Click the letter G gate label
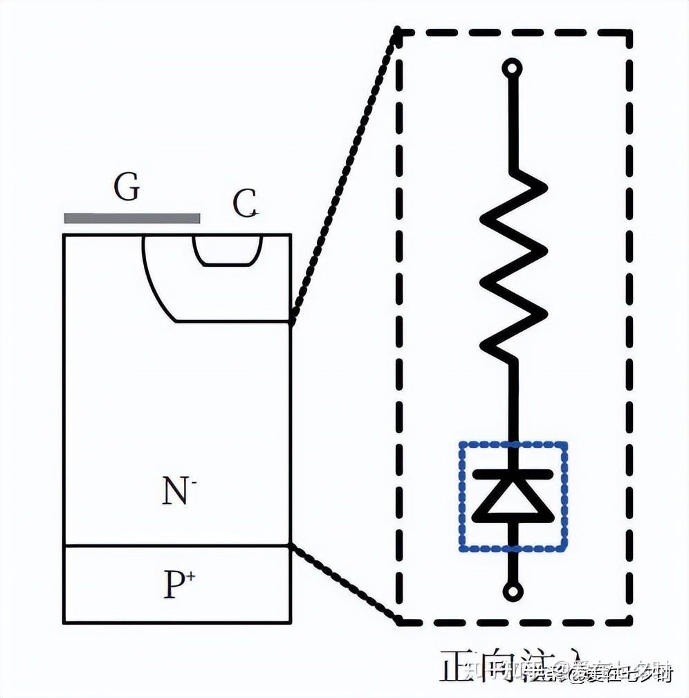click(x=127, y=187)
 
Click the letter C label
click(x=245, y=203)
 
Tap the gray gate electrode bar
click(x=132, y=218)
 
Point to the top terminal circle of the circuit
click(x=513, y=68)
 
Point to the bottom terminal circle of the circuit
click(x=513, y=591)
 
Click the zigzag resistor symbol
click(x=513, y=263)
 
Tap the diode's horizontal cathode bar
click(x=513, y=475)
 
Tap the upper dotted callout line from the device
click(x=344, y=173)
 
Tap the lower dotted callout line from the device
click(x=344, y=580)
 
